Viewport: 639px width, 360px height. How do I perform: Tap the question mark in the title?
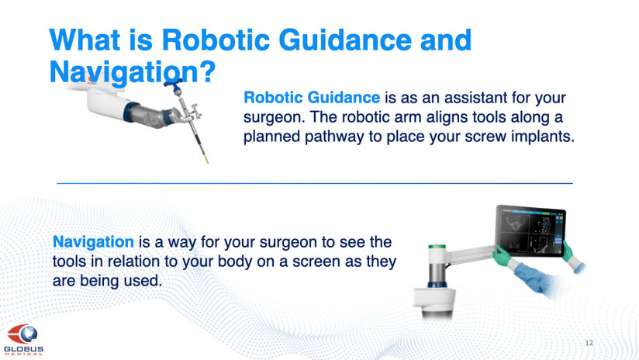pos(207,71)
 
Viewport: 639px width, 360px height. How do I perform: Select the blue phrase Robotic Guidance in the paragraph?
pos(312,98)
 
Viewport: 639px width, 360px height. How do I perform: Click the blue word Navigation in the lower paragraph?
pos(93,242)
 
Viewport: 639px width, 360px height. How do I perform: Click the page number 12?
pos(589,343)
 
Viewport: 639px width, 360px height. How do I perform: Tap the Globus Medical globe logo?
pos(22,334)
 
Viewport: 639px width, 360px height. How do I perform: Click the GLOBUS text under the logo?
pos(23,349)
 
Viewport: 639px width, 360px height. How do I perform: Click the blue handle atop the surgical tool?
pos(174,85)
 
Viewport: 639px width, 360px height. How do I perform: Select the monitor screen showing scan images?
pos(530,231)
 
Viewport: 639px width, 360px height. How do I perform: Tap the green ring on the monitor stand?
pos(437,247)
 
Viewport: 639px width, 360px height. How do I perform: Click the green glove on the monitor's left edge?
pos(502,255)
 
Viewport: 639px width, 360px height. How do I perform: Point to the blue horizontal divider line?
pos(315,183)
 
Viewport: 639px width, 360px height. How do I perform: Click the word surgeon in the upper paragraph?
pos(274,118)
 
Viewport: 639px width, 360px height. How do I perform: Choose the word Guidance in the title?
pos(346,40)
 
